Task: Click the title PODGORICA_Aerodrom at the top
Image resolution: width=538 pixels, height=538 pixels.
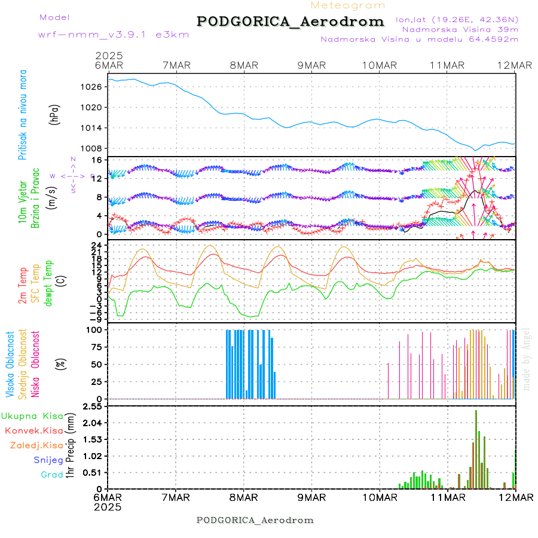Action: pos(291,22)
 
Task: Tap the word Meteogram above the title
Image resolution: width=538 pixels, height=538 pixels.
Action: pos(348,5)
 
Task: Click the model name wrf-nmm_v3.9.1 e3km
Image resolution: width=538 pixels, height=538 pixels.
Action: pos(114,35)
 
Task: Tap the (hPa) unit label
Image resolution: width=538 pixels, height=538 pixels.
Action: pos(55,115)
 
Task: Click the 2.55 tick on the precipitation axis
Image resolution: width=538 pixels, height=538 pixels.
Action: pos(92,406)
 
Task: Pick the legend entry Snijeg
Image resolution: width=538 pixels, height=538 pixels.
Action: pos(48,460)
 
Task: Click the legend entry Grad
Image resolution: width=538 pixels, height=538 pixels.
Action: pos(52,475)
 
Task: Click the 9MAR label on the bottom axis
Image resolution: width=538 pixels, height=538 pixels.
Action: pos(311,497)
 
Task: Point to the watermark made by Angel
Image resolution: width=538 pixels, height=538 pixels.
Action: pos(527,358)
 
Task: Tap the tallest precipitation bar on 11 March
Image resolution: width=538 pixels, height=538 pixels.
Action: pos(476,449)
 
